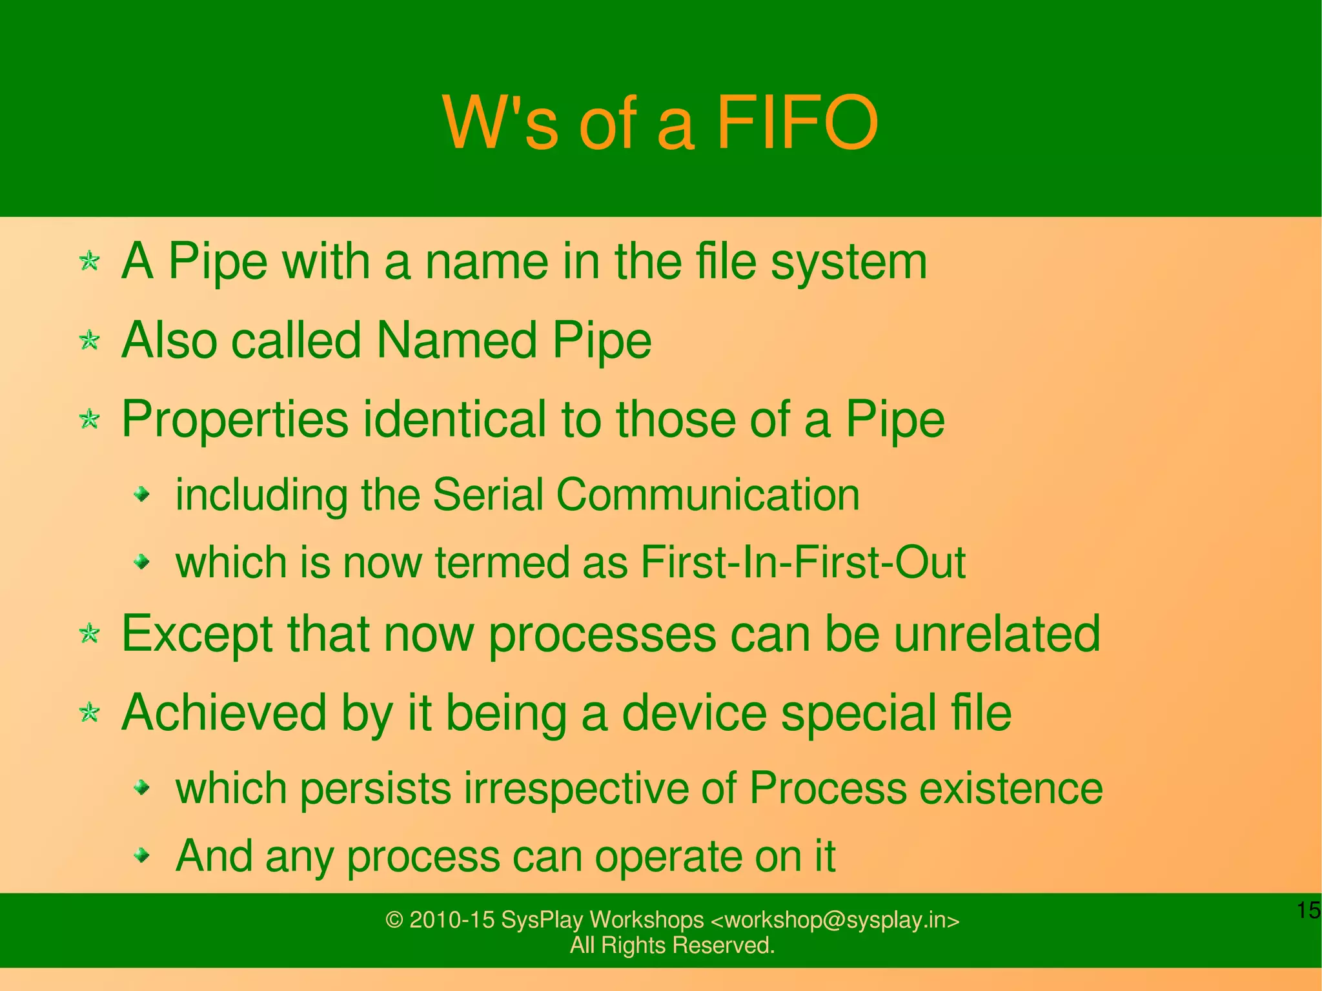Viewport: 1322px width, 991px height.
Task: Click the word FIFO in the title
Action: coord(797,123)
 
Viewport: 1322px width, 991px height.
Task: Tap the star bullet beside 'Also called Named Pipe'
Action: coord(89,340)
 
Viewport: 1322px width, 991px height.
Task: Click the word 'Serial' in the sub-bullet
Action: coord(488,495)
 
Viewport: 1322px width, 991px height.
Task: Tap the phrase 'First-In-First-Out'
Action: coord(803,562)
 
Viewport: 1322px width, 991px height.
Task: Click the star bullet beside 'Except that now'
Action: coord(89,634)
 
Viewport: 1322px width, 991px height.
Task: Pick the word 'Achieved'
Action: coord(224,713)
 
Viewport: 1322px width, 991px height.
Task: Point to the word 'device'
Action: coord(694,713)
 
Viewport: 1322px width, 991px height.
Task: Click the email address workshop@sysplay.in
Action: coord(834,920)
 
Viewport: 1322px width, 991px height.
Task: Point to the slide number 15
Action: coord(1308,911)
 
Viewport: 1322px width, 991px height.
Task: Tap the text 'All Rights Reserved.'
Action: coord(672,945)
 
